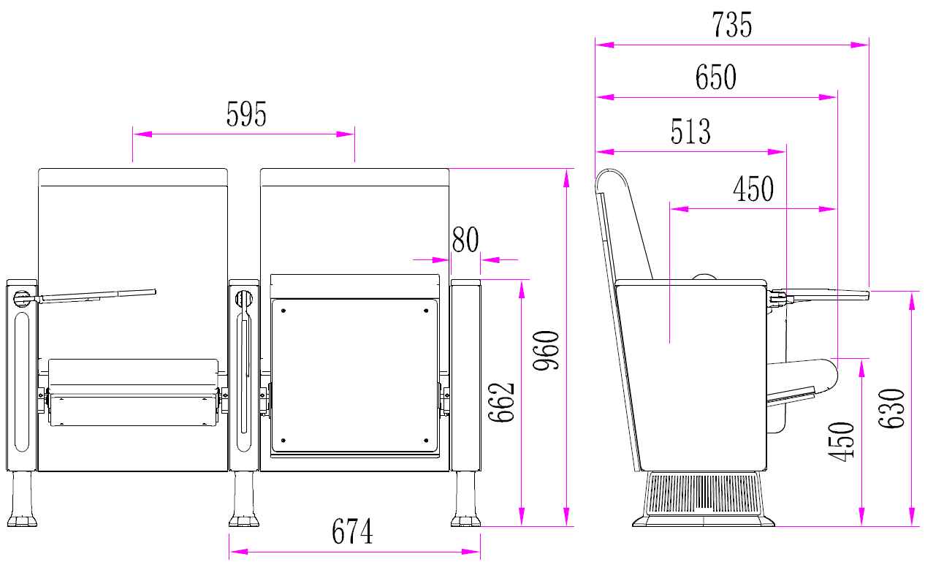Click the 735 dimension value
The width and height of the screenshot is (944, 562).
[x=731, y=25]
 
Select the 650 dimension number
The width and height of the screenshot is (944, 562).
[x=715, y=77]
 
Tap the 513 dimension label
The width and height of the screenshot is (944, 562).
[x=690, y=132]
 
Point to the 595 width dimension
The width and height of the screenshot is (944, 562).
[x=246, y=114]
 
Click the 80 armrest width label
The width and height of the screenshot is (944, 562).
[x=465, y=240]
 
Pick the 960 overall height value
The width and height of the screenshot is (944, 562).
[x=546, y=350]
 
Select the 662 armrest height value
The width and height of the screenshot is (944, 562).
[x=501, y=402]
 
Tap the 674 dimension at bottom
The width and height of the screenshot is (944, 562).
[x=352, y=531]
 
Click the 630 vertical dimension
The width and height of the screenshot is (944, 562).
[x=891, y=409]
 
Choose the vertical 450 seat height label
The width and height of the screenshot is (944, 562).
[x=841, y=441]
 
